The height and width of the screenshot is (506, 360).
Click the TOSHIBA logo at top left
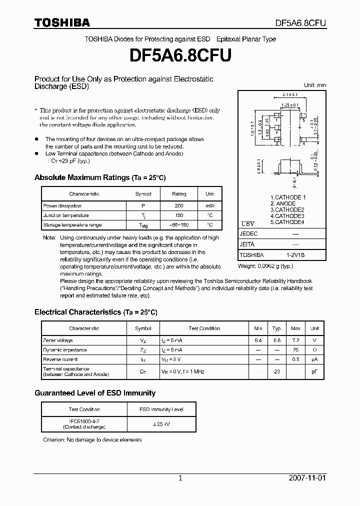62,22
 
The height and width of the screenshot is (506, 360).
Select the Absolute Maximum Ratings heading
100,177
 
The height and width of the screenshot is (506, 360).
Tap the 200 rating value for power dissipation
179,206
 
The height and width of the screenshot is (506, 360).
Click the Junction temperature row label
66,215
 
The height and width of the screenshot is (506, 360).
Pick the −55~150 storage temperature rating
179,225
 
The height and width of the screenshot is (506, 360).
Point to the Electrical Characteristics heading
96,312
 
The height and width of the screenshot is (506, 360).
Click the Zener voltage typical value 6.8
277,340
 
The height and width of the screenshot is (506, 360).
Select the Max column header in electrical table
295,328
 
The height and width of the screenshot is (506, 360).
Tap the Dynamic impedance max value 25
295,350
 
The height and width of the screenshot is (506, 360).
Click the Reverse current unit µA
314,359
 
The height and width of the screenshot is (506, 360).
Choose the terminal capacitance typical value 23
277,371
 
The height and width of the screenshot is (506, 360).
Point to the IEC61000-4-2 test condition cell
84,424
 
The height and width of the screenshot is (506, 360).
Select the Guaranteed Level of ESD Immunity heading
95,393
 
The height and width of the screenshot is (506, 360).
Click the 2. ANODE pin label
283,204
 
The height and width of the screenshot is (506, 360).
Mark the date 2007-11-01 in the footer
307,478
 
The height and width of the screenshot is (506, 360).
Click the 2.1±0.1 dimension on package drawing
290,94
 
